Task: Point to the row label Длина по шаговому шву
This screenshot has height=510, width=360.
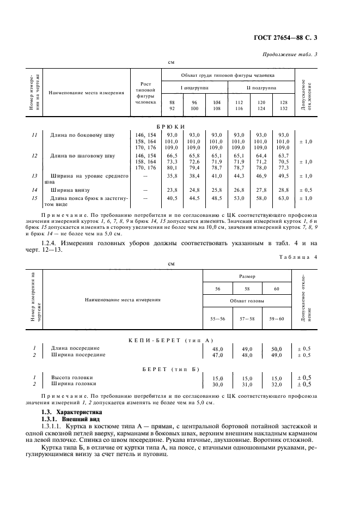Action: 82,155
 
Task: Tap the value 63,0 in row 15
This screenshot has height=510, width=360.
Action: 282,198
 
